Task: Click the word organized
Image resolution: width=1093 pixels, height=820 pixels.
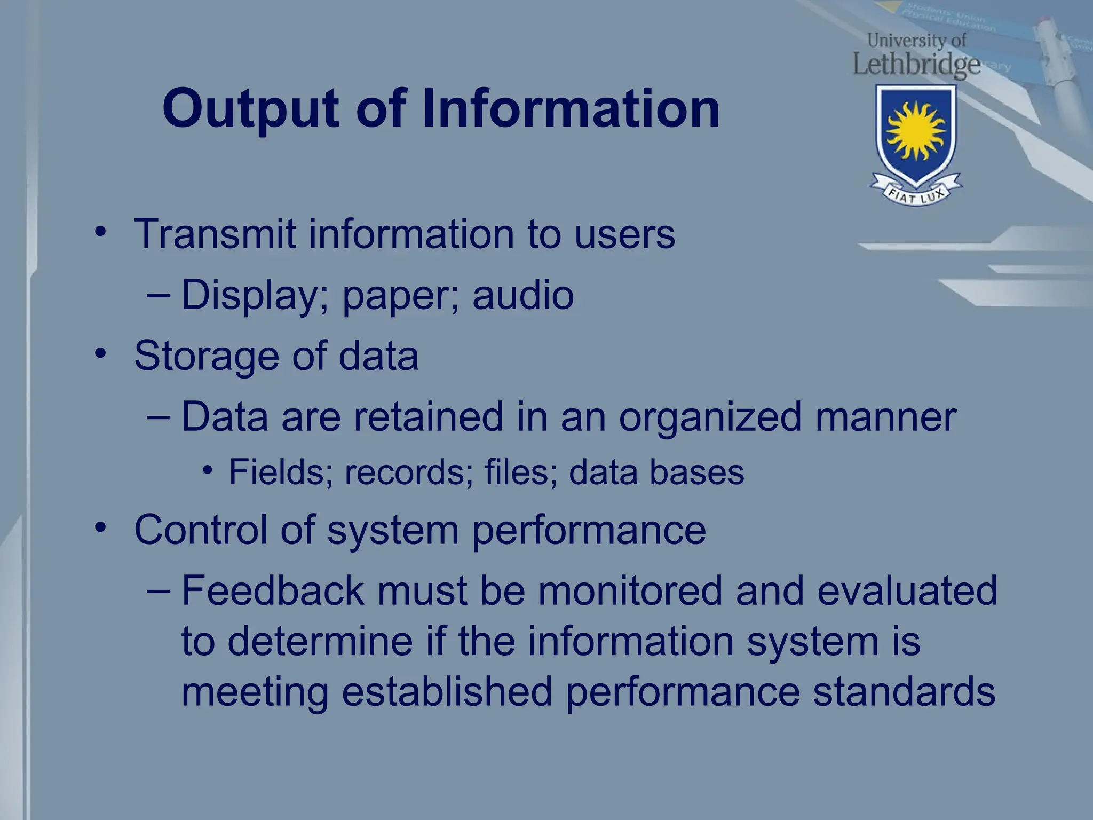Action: [x=710, y=418]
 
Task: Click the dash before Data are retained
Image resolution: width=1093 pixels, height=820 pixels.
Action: [x=159, y=417]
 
